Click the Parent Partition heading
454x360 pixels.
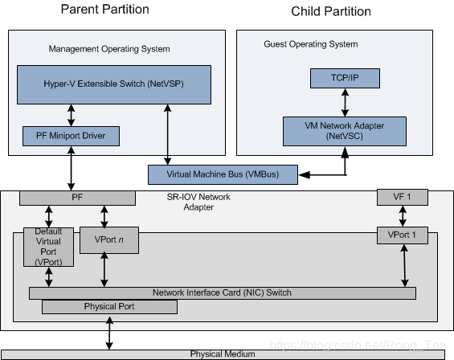point(105,10)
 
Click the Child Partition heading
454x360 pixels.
point(331,11)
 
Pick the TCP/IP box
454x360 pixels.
point(345,79)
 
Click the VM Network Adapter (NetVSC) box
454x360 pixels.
point(344,130)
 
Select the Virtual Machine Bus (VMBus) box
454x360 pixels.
point(223,173)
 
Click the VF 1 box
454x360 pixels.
point(402,197)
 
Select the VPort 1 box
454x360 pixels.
point(402,236)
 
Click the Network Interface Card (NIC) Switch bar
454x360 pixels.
point(222,292)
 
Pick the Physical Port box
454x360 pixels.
point(110,306)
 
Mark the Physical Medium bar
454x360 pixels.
point(222,354)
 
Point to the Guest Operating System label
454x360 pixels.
point(310,43)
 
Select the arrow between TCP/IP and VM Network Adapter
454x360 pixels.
point(345,102)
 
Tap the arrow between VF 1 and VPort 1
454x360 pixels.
point(402,216)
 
